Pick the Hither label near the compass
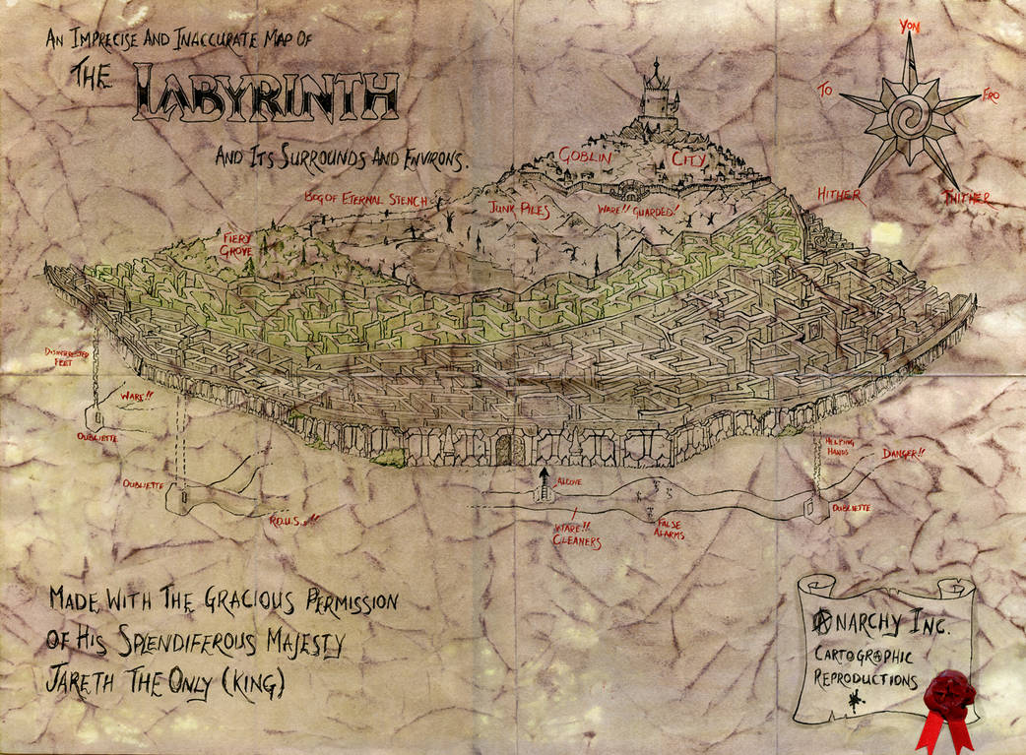[x=838, y=195]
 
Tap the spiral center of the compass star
[x=906, y=118]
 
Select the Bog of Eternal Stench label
[x=366, y=200]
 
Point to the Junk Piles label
[x=518, y=209]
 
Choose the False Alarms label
[x=674, y=528]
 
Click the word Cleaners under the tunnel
[x=576, y=541]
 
